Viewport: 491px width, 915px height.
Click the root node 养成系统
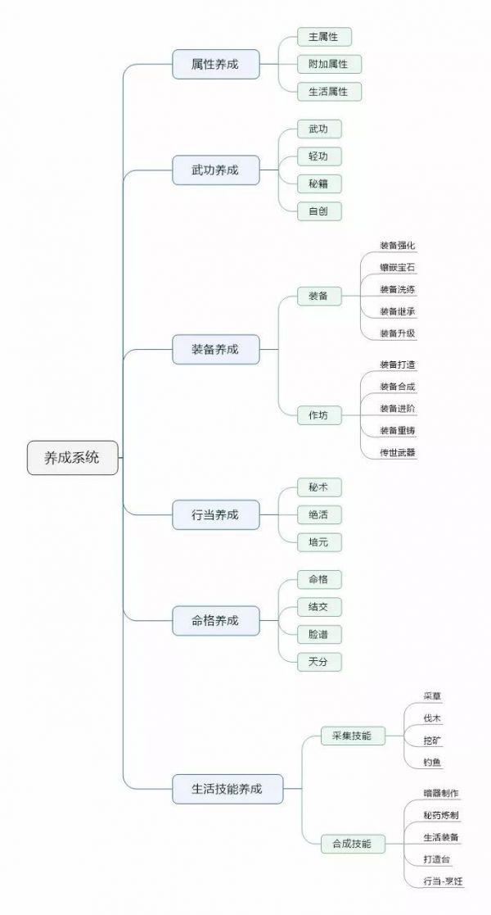coord(72,458)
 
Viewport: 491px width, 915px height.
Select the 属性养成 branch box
coord(215,64)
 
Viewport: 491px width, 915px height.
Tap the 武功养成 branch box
coord(215,170)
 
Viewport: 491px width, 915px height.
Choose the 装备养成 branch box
coord(215,349)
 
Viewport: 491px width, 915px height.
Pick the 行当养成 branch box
coord(215,514)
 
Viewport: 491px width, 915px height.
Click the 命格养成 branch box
coord(215,621)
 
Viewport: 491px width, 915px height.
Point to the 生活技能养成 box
coord(227,789)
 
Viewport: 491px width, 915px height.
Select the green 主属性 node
coord(318,37)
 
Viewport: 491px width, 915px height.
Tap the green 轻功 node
coord(318,156)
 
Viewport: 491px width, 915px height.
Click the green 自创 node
coord(318,211)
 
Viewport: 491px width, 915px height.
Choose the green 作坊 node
coord(318,415)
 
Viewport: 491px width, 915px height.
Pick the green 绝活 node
coord(318,514)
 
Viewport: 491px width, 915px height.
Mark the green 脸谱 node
coord(318,635)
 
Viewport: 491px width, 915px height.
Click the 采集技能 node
coord(352,736)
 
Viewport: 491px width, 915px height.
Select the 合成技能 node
coord(352,843)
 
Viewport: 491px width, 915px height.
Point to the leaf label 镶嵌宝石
coord(397,267)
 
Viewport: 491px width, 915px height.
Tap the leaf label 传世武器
coord(398,452)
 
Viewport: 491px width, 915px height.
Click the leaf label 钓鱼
coord(432,763)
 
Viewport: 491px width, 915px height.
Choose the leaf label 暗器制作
coord(441,793)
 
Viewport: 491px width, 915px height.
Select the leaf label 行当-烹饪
coord(443,881)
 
